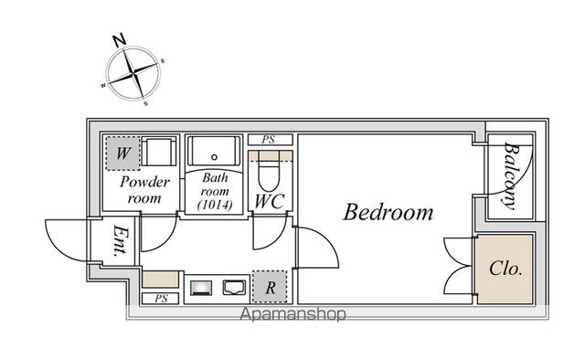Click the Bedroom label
(x=388, y=212)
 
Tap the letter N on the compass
(x=120, y=40)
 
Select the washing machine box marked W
(x=123, y=154)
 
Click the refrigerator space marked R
(x=271, y=287)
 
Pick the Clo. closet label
(x=505, y=269)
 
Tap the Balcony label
(x=511, y=175)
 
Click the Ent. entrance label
(x=121, y=241)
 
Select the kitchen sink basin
(x=234, y=287)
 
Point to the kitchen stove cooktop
(x=201, y=288)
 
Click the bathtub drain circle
(x=214, y=157)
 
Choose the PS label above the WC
(x=269, y=140)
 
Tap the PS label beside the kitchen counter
(x=161, y=299)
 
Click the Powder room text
(x=144, y=190)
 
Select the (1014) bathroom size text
(x=215, y=205)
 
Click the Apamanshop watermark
(x=292, y=314)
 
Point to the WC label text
(x=270, y=201)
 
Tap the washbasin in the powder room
(x=159, y=152)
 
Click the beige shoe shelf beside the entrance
(x=161, y=279)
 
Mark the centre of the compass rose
(x=133, y=74)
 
